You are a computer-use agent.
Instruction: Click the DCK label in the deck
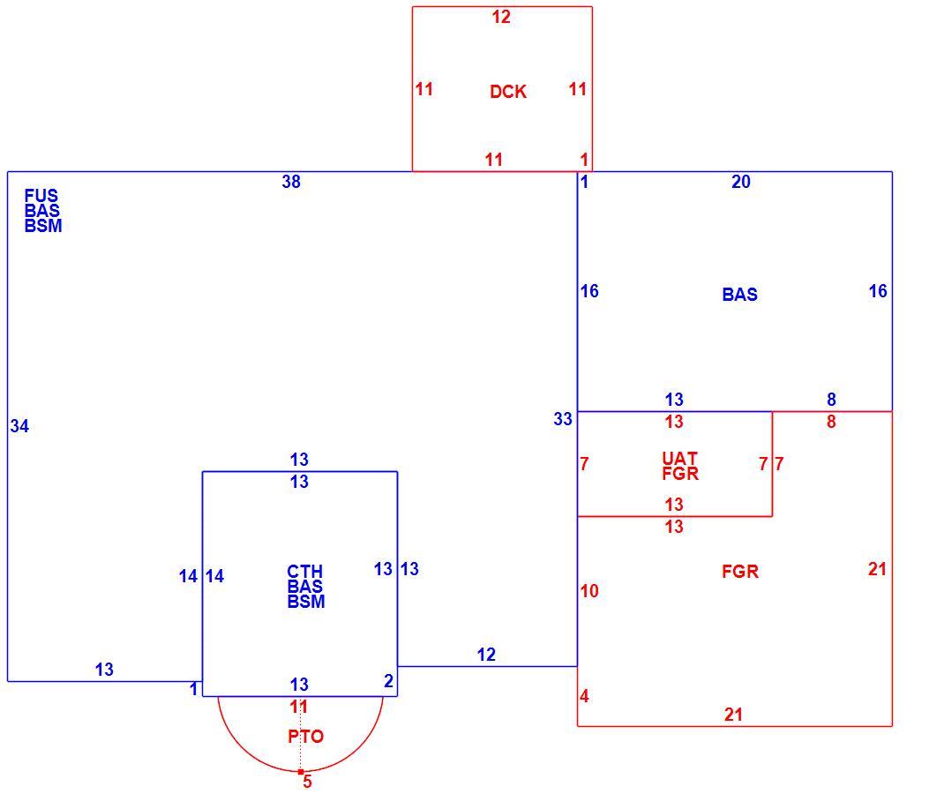coord(508,92)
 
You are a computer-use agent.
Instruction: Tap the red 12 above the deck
coord(501,17)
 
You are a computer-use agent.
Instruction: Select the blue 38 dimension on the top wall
coord(291,182)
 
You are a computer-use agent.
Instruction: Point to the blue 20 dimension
coord(741,182)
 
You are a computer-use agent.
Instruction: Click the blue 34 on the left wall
coord(19,426)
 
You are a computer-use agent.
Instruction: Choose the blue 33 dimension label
coord(563,419)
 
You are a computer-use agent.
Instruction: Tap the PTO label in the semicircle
coord(306,737)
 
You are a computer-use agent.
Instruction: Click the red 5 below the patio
coord(308,782)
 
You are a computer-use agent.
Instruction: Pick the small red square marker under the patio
coord(301,772)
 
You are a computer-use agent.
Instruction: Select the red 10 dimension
coord(589,591)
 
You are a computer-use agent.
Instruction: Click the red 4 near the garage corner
coord(585,696)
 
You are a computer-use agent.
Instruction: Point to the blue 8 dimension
coord(832,400)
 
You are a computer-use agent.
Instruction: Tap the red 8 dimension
coord(832,422)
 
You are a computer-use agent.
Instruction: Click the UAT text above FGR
coord(680,458)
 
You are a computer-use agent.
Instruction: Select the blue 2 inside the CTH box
coord(389,681)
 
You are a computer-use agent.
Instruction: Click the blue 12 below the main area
coord(486,655)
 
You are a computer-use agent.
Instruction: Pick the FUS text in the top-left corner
coord(41,196)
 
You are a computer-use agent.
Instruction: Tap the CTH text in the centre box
coord(305,572)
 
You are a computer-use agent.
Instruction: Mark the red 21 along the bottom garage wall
coord(733,715)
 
